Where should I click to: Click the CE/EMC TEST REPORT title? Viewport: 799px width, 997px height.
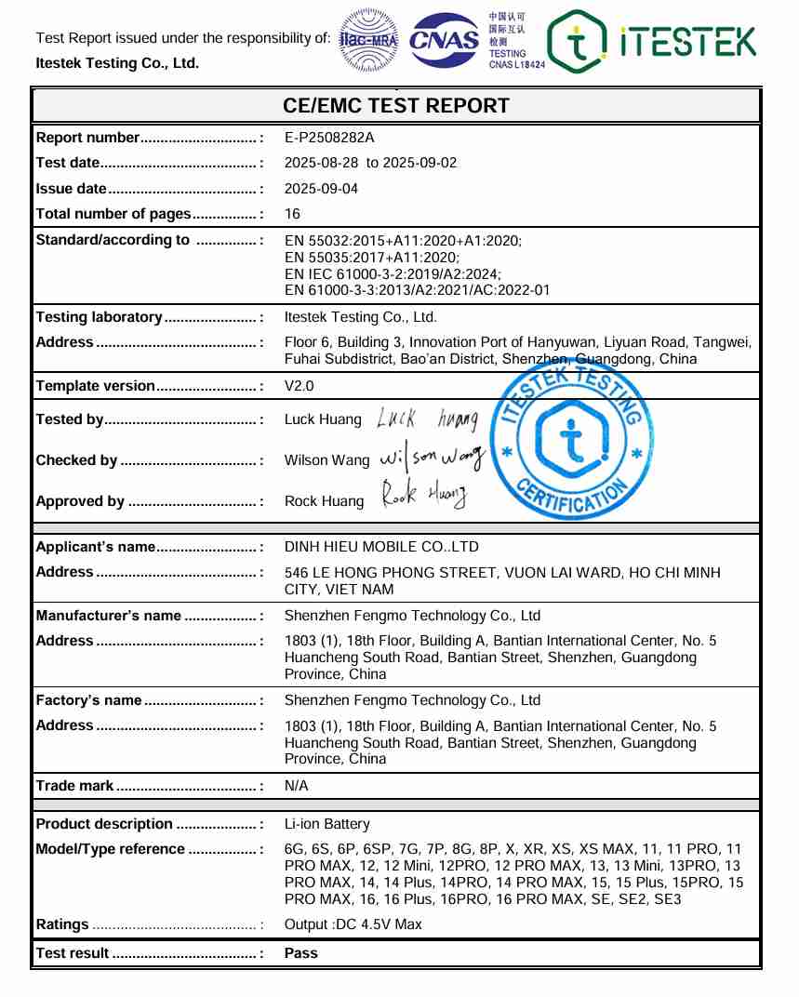click(396, 106)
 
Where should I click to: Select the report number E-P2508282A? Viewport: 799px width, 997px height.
click(329, 138)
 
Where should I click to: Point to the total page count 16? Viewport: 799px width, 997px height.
click(292, 214)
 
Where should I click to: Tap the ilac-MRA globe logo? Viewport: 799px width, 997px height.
click(368, 39)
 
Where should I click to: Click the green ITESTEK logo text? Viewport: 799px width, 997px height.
click(687, 42)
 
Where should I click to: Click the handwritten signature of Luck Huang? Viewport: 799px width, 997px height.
click(427, 419)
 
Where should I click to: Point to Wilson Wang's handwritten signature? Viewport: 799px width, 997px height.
click(433, 459)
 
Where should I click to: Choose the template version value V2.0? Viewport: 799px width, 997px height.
click(300, 386)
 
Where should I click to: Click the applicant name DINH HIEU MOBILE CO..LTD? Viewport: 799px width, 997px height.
click(381, 547)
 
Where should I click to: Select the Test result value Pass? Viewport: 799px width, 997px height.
click(300, 953)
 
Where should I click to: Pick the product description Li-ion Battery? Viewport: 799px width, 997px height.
click(326, 824)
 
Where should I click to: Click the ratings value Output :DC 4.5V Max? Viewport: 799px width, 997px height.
click(353, 924)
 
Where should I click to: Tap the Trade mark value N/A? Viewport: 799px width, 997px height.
click(296, 786)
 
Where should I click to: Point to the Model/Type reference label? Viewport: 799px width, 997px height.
click(110, 849)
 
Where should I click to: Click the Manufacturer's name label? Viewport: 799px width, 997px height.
click(108, 616)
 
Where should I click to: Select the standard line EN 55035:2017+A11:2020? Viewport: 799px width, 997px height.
click(372, 257)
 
